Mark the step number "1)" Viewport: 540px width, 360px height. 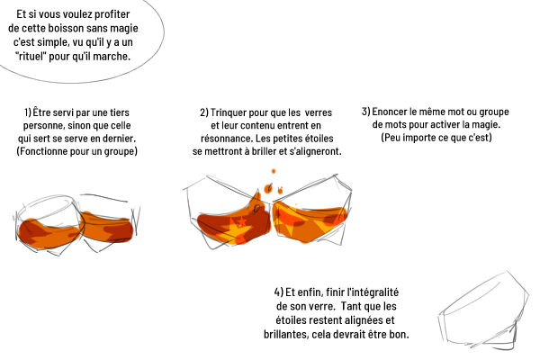pos(28,112)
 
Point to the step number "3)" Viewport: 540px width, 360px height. pos(366,112)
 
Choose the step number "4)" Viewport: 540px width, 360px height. pos(279,292)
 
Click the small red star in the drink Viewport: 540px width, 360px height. pos(242,221)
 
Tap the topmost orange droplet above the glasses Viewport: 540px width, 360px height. pos(274,171)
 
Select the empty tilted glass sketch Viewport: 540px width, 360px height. pos(484,310)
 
